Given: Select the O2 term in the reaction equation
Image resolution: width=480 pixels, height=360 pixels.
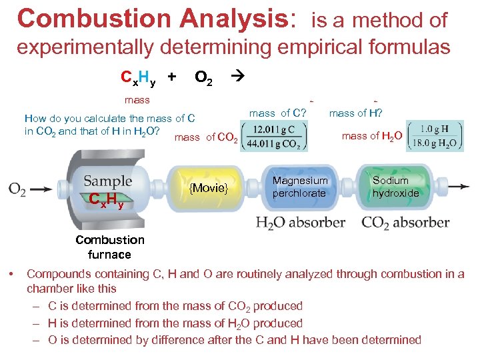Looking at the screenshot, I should click(203, 78).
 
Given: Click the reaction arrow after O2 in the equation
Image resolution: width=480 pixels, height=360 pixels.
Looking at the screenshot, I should click(237, 77).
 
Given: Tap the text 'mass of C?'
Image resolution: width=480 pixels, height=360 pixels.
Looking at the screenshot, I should click(277, 113).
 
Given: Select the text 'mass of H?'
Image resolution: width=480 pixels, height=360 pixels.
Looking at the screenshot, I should click(360, 113).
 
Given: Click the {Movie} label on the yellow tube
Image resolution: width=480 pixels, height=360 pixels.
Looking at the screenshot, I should click(209, 188).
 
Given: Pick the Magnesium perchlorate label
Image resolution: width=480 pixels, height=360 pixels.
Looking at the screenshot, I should click(300, 187).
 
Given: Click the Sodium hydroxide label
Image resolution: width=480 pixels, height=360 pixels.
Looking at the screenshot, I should click(395, 187).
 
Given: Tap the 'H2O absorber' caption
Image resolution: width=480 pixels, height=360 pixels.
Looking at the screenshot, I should click(301, 221).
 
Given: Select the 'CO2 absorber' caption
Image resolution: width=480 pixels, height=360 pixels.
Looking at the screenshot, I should click(405, 221).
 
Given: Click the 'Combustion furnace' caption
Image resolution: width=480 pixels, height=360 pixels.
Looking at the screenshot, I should click(109, 247).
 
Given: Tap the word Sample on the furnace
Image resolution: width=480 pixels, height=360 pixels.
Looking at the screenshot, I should click(108, 181).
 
